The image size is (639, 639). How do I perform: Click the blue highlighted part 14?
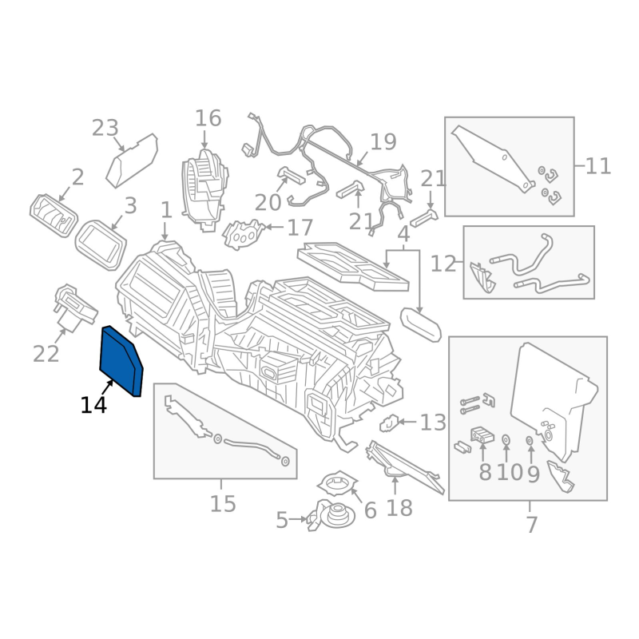point(121,360)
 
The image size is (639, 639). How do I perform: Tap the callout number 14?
point(93,406)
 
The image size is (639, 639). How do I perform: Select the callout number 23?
point(105,129)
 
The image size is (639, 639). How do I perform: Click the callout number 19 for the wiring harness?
point(383,142)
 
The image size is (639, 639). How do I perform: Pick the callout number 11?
point(597,166)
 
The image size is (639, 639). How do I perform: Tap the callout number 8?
point(485,472)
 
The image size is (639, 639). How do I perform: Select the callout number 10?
point(510,472)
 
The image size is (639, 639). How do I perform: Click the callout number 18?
point(400,507)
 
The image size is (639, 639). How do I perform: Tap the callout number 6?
point(370,510)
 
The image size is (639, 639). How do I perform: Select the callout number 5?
point(282,521)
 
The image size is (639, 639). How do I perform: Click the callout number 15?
point(224,504)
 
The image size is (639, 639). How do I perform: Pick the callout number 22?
point(46,352)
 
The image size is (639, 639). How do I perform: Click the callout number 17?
point(300,228)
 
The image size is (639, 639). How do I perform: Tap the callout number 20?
point(268,203)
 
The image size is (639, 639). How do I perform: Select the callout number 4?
point(403,235)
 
